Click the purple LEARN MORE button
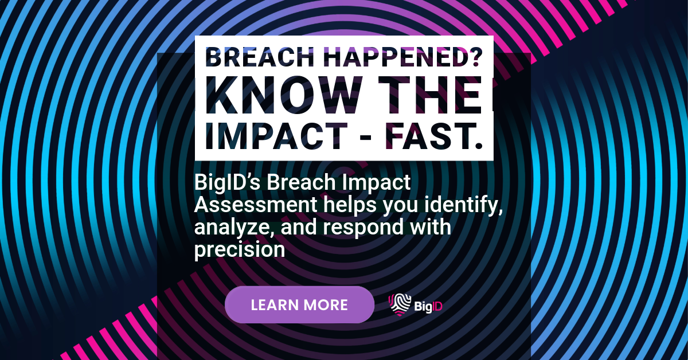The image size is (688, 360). (299, 304)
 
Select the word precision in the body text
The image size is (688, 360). (240, 250)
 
